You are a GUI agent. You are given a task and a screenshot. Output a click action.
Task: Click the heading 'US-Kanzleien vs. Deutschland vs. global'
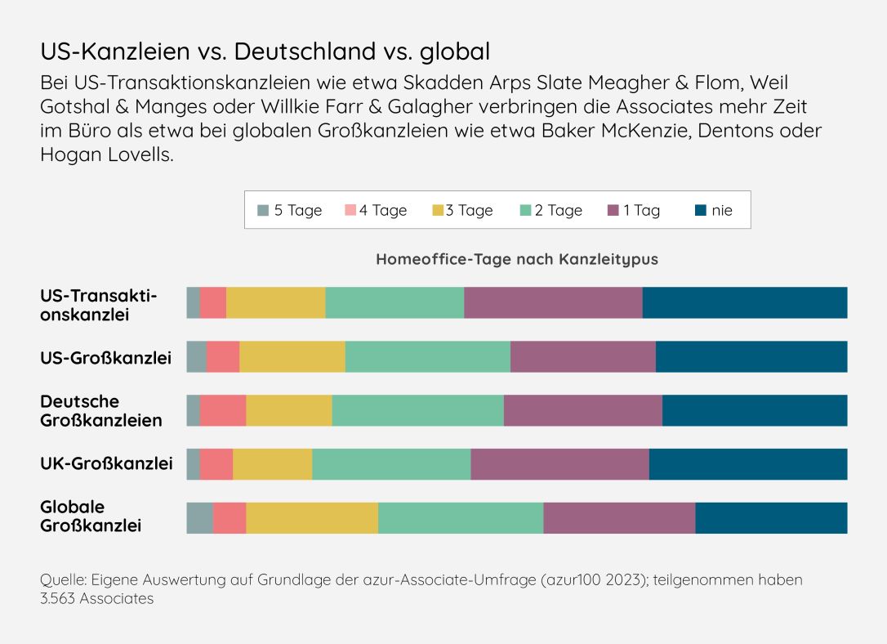pos(265,51)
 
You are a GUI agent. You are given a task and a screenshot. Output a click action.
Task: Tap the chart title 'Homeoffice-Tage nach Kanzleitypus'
pos(516,259)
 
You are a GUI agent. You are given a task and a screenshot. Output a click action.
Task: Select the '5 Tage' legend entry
pos(290,210)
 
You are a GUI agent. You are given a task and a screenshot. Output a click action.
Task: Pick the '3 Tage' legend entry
pos(463,210)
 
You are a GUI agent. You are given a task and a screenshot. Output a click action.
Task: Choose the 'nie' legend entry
pos(713,210)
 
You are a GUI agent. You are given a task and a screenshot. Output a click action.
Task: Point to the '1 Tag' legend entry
pos(634,210)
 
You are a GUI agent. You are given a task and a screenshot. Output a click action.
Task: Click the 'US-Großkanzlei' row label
pos(106,357)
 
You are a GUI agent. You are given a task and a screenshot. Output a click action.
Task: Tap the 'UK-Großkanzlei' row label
pos(106,464)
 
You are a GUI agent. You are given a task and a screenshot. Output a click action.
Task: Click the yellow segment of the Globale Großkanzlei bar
pos(312,518)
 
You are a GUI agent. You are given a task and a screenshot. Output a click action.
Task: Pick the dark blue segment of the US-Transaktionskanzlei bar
pos(745,303)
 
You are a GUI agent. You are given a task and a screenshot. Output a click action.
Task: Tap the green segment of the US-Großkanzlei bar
pos(428,357)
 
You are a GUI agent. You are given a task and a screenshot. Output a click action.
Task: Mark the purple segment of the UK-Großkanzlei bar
pos(559,464)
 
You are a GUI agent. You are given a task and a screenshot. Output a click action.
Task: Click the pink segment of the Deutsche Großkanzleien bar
pos(223,410)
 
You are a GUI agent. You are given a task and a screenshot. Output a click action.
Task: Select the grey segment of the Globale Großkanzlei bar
pos(199,518)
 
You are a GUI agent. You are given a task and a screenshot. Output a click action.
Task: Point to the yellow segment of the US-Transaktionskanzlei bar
pos(276,303)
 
